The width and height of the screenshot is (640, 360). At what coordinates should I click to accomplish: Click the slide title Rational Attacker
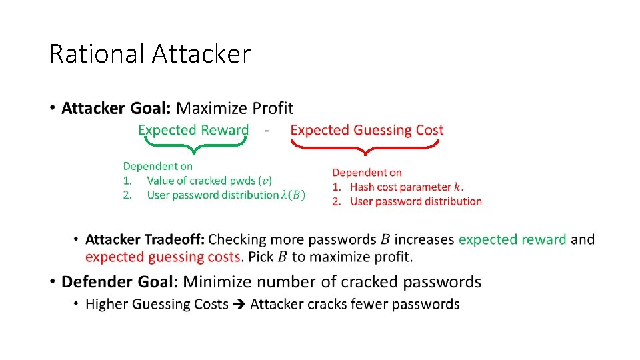tap(150, 54)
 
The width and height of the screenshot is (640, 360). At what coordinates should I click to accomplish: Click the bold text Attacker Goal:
tap(116, 108)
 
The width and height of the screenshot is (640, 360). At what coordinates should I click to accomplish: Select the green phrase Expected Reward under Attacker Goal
tap(193, 130)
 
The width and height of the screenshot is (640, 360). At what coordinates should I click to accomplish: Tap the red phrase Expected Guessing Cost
tap(367, 130)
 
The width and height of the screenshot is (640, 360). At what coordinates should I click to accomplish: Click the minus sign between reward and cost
tap(267, 131)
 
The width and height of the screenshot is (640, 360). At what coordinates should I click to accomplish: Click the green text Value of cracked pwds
tap(203, 181)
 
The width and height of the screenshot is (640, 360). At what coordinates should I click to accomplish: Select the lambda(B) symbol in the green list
tap(293, 195)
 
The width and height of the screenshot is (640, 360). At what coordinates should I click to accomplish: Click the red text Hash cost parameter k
tap(407, 187)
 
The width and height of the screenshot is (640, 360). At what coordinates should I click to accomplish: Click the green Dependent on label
tap(157, 167)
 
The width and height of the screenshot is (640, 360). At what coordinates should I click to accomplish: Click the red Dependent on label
tap(367, 173)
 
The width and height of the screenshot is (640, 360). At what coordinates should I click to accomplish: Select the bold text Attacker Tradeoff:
tap(145, 239)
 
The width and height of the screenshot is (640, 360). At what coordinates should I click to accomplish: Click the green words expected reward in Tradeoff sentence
tap(512, 239)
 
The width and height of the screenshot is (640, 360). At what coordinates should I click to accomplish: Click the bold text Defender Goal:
tap(120, 282)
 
